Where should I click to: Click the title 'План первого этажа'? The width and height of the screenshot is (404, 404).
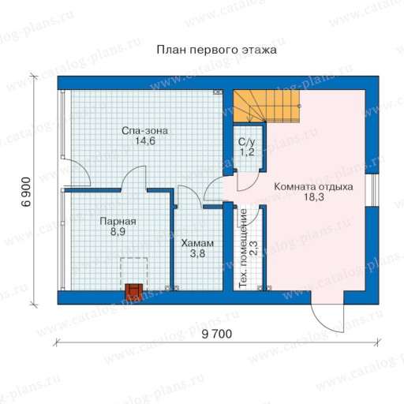(216, 50)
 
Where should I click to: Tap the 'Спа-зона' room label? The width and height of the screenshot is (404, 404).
(144, 131)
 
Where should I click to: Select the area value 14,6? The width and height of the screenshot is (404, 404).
(145, 141)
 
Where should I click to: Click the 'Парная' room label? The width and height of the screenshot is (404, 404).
(118, 222)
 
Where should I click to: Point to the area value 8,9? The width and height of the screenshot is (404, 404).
(118, 232)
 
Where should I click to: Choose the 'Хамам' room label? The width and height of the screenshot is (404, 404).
(197, 243)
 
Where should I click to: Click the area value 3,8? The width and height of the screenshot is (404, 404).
(197, 254)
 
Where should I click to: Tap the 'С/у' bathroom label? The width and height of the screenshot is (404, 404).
(246, 142)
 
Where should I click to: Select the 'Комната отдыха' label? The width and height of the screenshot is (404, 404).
(313, 187)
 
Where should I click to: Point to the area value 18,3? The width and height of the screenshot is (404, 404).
(314, 197)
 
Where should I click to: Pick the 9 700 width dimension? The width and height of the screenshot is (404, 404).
(217, 334)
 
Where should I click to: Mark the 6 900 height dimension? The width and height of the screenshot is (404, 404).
(26, 192)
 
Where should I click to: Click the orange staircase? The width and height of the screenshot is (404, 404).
(266, 106)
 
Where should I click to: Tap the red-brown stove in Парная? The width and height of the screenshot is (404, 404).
(134, 290)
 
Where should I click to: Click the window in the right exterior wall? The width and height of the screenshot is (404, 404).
(372, 190)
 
